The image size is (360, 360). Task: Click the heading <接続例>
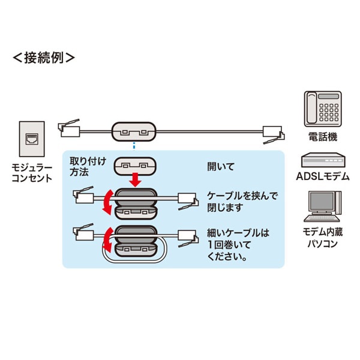[x=44, y=58]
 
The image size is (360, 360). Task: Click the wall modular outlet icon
[x=32, y=139]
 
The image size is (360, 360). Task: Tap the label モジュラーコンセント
[x=32, y=172]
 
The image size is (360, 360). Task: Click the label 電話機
[x=322, y=137]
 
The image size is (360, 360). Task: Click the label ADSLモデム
[x=322, y=176]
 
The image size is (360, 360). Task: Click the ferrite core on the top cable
[x=134, y=131]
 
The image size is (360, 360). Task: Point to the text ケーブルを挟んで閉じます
[x=233, y=202]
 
